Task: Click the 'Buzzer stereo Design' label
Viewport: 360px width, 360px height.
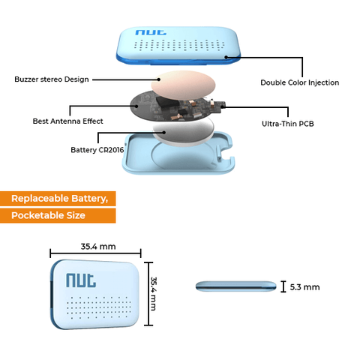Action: (x=52, y=79)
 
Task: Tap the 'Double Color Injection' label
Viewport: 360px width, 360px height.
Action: (x=300, y=82)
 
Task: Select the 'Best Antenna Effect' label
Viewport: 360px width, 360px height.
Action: (x=67, y=121)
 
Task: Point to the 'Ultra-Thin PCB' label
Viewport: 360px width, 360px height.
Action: (x=288, y=124)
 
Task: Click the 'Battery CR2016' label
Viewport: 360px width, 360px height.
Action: (x=97, y=150)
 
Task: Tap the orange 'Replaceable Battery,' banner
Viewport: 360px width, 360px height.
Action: (x=58, y=199)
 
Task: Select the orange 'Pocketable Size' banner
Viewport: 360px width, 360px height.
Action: (x=58, y=215)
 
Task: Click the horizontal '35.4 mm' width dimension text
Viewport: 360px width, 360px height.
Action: (x=98, y=247)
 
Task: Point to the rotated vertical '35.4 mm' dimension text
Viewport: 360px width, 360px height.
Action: (x=154, y=293)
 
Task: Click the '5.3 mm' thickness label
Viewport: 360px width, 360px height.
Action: (x=304, y=287)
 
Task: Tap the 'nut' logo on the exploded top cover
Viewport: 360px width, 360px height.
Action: (x=151, y=32)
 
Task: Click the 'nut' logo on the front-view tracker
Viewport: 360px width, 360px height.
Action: (x=81, y=280)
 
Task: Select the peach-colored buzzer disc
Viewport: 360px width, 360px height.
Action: (x=183, y=85)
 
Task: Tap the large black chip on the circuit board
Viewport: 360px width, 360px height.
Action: (x=168, y=102)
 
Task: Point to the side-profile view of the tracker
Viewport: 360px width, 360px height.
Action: (x=236, y=286)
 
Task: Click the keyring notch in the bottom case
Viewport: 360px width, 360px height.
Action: (x=226, y=151)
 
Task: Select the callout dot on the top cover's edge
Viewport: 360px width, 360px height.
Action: (x=226, y=57)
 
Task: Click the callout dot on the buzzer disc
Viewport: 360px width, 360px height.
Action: (x=159, y=79)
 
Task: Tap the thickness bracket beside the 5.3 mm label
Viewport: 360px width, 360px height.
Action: (x=283, y=286)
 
